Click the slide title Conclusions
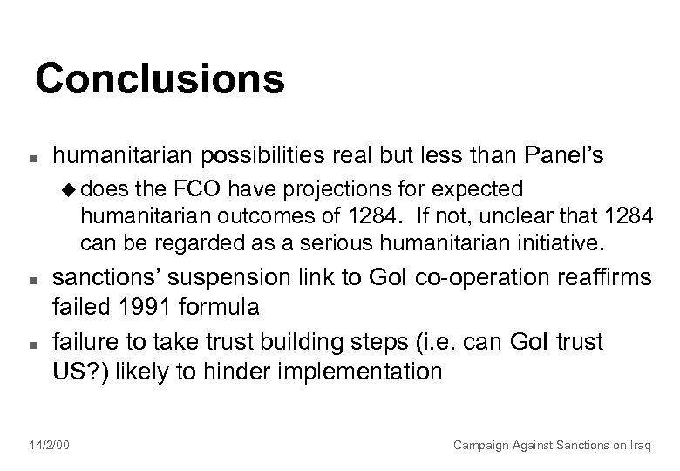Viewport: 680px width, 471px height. coord(160,78)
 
